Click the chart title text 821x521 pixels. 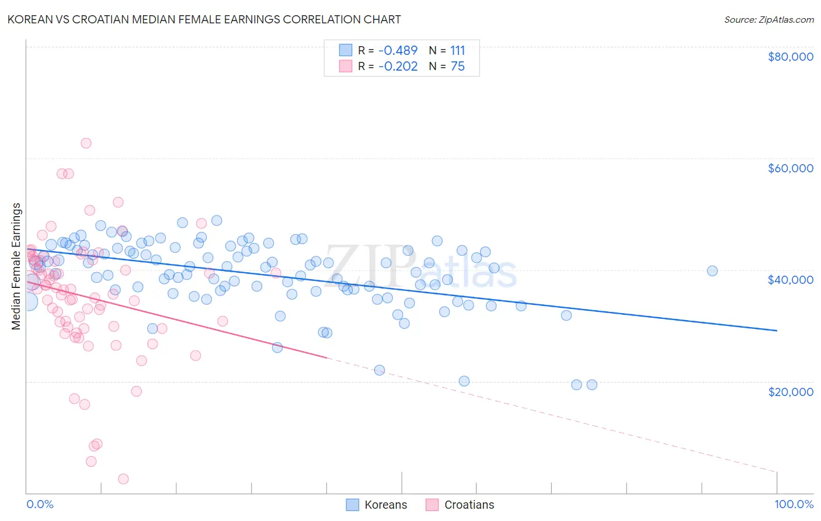point(204,19)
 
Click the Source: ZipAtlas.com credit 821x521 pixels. point(768,19)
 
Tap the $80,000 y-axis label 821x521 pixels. point(790,57)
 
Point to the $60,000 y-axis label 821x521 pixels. point(790,168)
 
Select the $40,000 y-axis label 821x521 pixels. point(790,280)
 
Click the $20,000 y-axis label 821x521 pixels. point(790,391)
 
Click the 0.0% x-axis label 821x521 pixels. point(40,504)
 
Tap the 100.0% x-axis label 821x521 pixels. point(794,504)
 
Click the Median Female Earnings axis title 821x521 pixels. point(16,266)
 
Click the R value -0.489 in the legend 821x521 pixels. point(398,51)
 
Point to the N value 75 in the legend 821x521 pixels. point(458,67)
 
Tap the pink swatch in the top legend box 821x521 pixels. point(346,67)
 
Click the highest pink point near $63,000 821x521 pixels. point(86,143)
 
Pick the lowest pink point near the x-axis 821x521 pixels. point(123,479)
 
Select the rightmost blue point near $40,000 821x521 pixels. point(712,271)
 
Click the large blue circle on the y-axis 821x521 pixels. point(27,301)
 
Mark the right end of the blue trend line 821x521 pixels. point(777,331)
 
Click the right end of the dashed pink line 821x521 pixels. point(777,472)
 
